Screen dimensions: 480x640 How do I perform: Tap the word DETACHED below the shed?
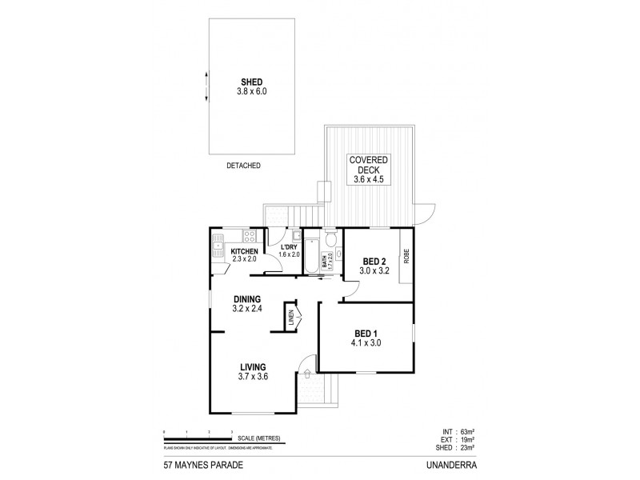coord(243,166)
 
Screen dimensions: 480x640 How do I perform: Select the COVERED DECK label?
coord(369,165)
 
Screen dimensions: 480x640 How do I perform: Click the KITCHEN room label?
coord(244,252)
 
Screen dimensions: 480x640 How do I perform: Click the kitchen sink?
coord(218,247)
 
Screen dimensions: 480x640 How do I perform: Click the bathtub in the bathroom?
coord(313,254)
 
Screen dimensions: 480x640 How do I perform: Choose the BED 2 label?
coord(375,262)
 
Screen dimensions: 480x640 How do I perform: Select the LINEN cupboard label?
coord(291,318)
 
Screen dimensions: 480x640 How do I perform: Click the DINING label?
coord(247,299)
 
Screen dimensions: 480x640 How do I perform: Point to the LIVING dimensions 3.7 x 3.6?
coord(252,377)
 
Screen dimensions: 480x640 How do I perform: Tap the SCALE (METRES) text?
coord(257,438)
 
